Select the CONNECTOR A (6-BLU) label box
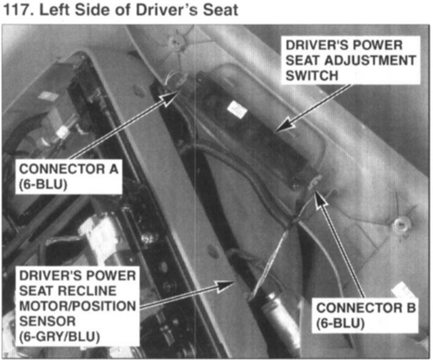coord(68,177)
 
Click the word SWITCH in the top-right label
coord(312,75)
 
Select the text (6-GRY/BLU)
coord(59,336)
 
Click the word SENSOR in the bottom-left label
coord(47,321)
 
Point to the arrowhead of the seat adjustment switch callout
coord(285,125)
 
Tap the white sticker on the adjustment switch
coord(237,110)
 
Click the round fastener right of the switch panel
coord(398,224)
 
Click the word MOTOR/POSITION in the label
coord(78,306)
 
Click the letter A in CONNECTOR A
coord(113,169)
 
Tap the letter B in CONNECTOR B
coord(411,308)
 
